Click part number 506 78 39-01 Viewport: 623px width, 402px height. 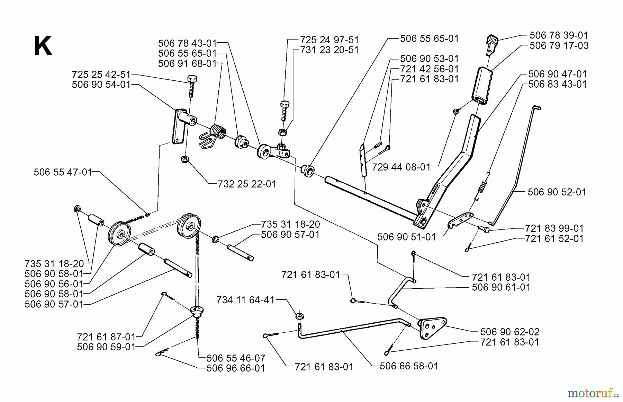click(x=559, y=35)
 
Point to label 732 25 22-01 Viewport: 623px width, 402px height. click(x=247, y=184)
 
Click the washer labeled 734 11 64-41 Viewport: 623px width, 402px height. click(x=298, y=316)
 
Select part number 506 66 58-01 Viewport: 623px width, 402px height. click(x=409, y=366)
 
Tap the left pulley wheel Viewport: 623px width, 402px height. click(x=119, y=234)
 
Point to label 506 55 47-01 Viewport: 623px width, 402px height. click(x=63, y=172)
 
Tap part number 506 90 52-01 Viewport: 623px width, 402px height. click(x=557, y=192)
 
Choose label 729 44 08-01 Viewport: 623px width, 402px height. click(x=401, y=167)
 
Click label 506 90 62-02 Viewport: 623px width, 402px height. click(x=509, y=332)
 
